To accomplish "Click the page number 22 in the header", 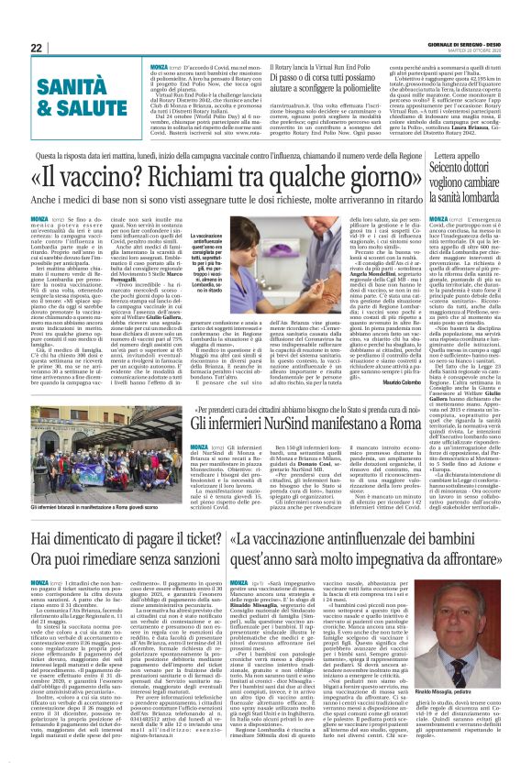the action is click(x=36, y=49).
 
